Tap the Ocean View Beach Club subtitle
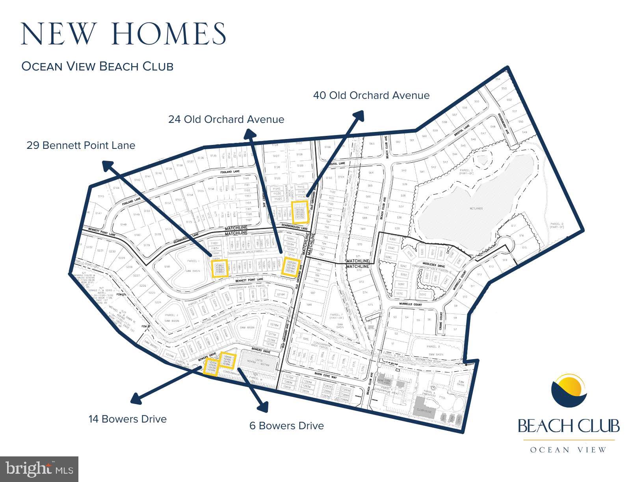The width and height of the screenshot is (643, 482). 97,66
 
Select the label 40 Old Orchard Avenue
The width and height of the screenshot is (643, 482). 371,95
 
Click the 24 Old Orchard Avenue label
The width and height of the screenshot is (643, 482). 226,119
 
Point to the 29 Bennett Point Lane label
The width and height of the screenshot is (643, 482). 81,145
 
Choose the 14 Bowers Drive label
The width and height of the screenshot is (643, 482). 127,419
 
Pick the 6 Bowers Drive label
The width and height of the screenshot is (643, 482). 286,426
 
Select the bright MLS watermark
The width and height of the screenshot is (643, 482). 39,469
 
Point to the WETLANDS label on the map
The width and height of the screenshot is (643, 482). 476,208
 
